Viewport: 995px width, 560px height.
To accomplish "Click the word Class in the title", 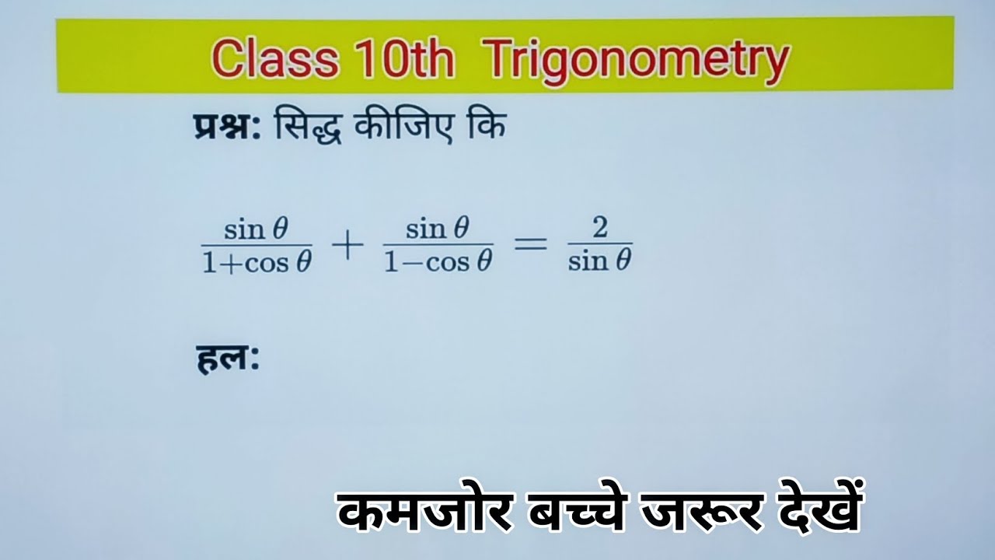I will pyautogui.click(x=274, y=58).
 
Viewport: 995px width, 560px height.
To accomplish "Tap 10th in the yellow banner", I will pyautogui.click(x=407, y=58).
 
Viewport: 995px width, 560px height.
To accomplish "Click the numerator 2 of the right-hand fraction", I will pyautogui.click(x=599, y=229).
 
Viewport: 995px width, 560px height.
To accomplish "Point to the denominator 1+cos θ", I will pyautogui.click(x=257, y=262).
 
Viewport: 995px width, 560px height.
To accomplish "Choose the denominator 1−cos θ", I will pyautogui.click(x=439, y=262).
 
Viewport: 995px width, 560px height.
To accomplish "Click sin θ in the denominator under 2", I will pyautogui.click(x=599, y=262).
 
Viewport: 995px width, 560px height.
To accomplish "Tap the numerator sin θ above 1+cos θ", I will pyautogui.click(x=257, y=229).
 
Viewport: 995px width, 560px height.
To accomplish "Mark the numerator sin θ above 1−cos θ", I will pyautogui.click(x=439, y=229).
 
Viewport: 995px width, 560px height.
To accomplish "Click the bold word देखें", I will pyautogui.click(x=813, y=509).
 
